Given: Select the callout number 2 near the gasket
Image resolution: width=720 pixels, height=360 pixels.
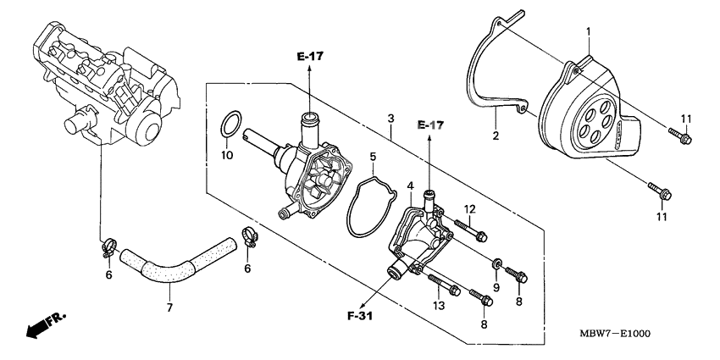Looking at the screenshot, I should (x=495, y=135).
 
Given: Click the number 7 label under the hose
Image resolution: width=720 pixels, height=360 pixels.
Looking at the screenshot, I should (x=169, y=307).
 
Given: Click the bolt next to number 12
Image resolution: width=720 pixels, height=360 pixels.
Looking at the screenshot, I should (x=471, y=229).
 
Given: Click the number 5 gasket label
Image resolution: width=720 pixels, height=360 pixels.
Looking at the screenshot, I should (x=371, y=157).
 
